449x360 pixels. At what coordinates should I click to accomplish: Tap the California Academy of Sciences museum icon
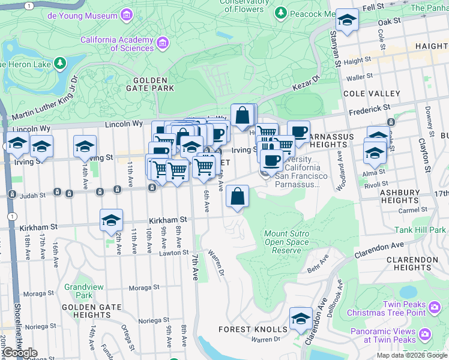click(162, 43)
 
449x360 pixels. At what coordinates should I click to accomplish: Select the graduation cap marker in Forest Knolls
click(301, 318)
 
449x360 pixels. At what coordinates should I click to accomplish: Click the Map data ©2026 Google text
click(411, 355)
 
